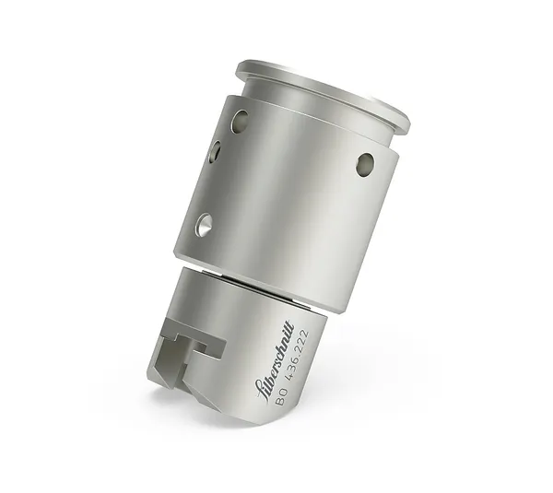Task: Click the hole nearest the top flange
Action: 240,121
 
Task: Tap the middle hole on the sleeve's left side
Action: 215,151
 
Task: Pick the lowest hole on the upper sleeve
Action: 203,223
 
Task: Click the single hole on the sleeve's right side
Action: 365,164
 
